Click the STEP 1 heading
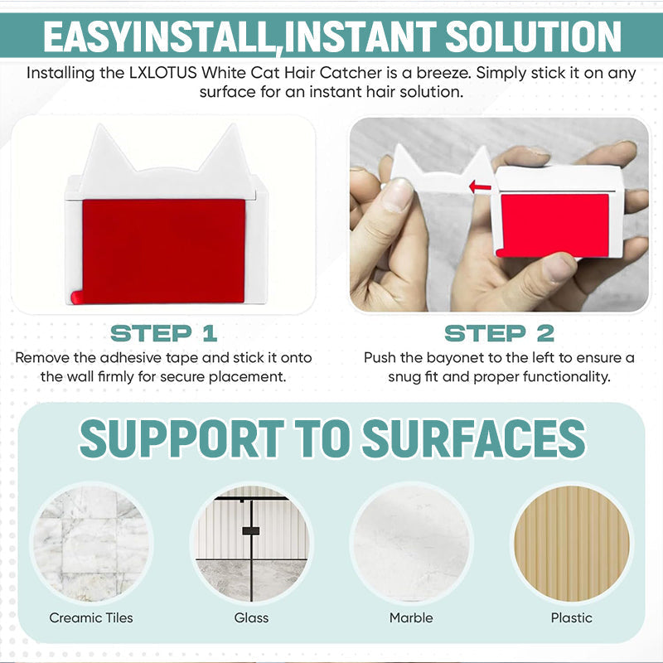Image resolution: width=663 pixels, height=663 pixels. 163,334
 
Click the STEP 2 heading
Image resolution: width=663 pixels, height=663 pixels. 499,334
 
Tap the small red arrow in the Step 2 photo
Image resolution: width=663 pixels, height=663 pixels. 480,186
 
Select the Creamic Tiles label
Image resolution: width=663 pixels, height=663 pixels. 91,617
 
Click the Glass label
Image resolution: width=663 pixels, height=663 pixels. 251,617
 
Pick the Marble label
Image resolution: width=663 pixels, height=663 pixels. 411,617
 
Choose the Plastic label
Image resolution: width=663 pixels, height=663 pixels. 571,617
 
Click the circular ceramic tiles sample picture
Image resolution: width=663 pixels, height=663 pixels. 91,543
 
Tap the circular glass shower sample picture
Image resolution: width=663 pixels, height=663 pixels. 251,543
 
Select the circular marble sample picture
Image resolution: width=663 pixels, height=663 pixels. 411,543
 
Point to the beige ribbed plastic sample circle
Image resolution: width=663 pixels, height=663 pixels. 571,543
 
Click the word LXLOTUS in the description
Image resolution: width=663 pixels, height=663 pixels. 162,73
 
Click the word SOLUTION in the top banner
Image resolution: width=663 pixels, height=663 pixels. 533,36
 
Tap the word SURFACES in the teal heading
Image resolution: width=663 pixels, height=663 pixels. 474,438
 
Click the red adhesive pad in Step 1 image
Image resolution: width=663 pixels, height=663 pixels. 163,251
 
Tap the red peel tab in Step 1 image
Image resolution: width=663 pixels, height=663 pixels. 76,298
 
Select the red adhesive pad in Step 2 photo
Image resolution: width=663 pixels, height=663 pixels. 554,225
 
